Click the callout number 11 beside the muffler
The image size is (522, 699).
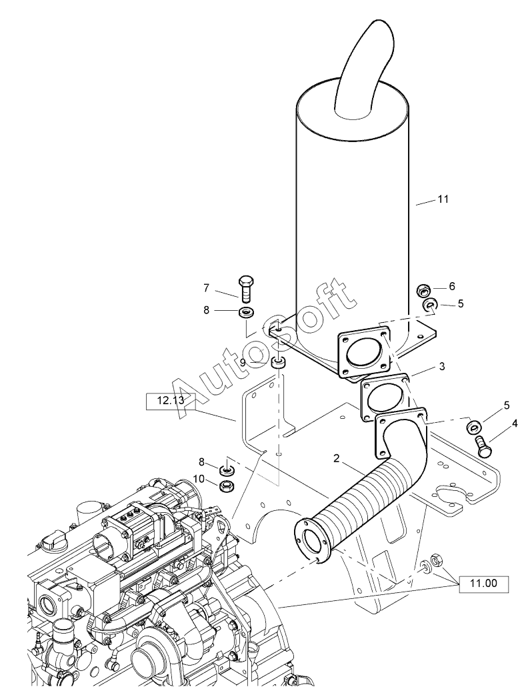tap(443, 199)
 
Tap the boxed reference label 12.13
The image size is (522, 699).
tap(171, 401)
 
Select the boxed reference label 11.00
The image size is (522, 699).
tap(484, 583)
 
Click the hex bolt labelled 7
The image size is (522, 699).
tap(246, 288)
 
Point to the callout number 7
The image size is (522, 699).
tap(206, 288)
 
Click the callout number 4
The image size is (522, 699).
tap(515, 423)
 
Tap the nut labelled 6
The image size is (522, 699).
tap(422, 291)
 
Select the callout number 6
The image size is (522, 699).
tap(451, 286)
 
